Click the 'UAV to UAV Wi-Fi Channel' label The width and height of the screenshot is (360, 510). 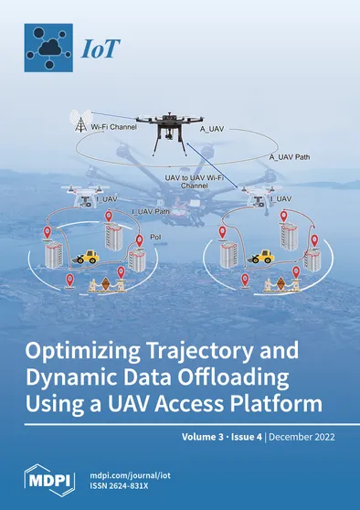[194, 178]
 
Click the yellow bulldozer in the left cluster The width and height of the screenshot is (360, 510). [88, 257]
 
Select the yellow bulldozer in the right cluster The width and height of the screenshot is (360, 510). [263, 257]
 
